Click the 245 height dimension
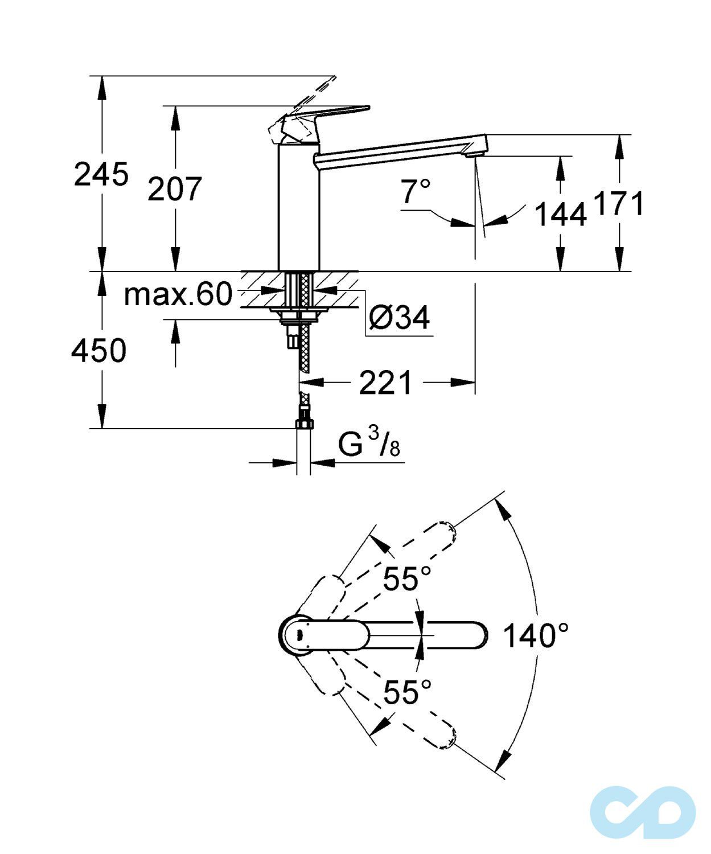101,175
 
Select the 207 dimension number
175,189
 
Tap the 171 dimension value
619,203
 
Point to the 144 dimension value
560,215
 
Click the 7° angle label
416,192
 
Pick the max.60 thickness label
178,294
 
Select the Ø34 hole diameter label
399,317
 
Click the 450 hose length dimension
98,351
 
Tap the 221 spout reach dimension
385,383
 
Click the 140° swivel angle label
536,635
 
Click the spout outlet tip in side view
474,152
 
